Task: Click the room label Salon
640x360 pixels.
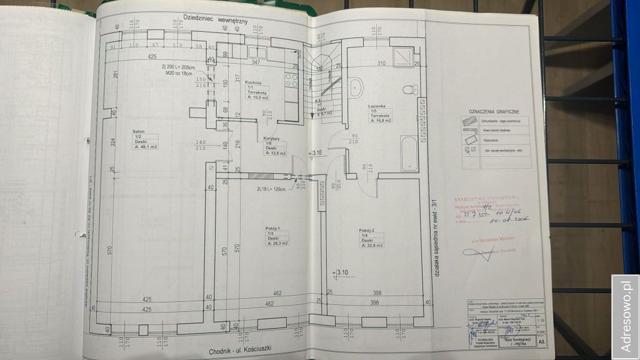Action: pyautogui.click(x=139, y=132)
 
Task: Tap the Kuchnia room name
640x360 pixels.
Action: pyautogui.click(x=253, y=83)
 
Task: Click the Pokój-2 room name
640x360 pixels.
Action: pyautogui.click(x=367, y=229)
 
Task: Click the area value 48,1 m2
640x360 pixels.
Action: pyautogui.click(x=147, y=147)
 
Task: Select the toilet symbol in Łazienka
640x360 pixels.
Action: pyautogui.click(x=410, y=88)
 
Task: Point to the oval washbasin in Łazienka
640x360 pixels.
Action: pyautogui.click(x=356, y=88)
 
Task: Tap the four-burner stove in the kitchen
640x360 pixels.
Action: pyautogui.click(x=291, y=79)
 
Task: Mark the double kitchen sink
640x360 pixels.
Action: pyautogui.click(x=257, y=52)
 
